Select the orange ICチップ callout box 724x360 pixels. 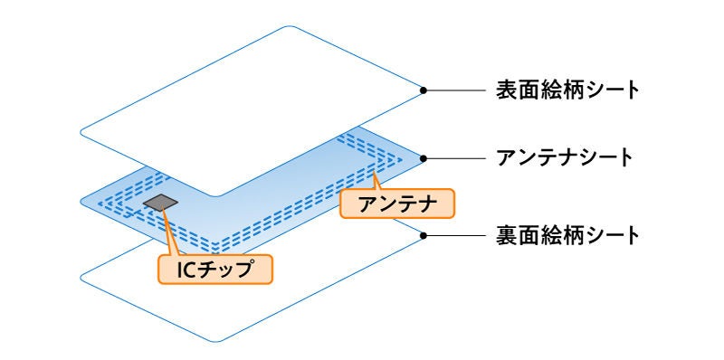click(x=216, y=269)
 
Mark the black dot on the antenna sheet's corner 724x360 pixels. click(x=424, y=156)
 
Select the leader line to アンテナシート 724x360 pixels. click(x=456, y=156)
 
